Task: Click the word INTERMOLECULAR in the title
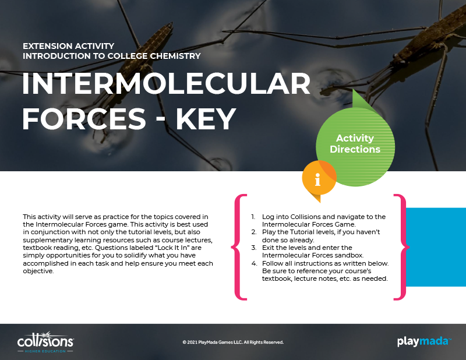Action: [167, 83]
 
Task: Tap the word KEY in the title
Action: [206, 119]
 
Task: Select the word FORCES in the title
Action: [84, 119]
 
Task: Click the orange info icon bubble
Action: [319, 178]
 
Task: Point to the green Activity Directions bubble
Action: [355, 146]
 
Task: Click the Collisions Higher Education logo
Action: [45, 342]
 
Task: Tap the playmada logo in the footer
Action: [424, 341]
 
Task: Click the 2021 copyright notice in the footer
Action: [233, 342]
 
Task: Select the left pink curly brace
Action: [239, 247]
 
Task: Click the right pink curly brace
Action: [401, 247]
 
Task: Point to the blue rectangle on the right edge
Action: [436, 247]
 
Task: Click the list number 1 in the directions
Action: [253, 217]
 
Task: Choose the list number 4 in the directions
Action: [254, 263]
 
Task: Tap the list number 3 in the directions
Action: [253, 248]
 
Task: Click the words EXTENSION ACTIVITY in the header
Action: [68, 46]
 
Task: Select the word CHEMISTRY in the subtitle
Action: [175, 56]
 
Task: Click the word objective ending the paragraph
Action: [38, 271]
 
